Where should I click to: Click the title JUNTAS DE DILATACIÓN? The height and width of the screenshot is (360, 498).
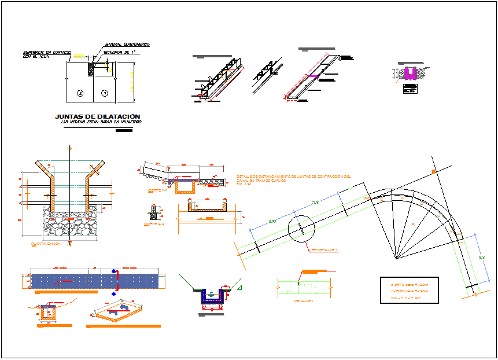click(x=97, y=116)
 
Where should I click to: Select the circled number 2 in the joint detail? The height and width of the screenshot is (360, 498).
click(x=80, y=93)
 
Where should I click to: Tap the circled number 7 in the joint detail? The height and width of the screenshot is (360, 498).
click(x=104, y=93)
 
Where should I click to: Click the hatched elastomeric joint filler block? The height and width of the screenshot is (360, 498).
click(x=91, y=68)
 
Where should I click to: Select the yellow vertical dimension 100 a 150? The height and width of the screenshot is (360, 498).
click(x=131, y=82)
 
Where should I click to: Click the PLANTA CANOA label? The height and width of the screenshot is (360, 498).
click(x=45, y=244)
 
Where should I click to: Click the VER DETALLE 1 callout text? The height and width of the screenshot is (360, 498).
click(x=323, y=249)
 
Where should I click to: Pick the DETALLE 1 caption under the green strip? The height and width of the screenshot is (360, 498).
click(x=302, y=301)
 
